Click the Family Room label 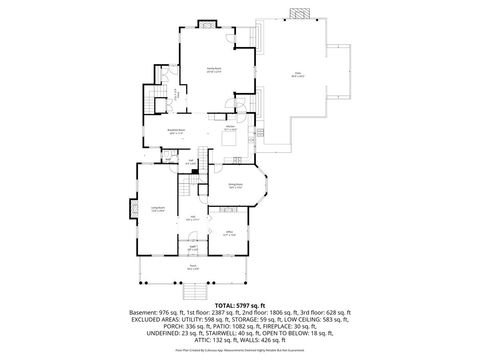213,70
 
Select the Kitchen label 229,128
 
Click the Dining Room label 236,187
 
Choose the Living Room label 158,209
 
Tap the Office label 228,235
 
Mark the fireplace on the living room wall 131,209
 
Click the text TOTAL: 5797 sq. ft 240,304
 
